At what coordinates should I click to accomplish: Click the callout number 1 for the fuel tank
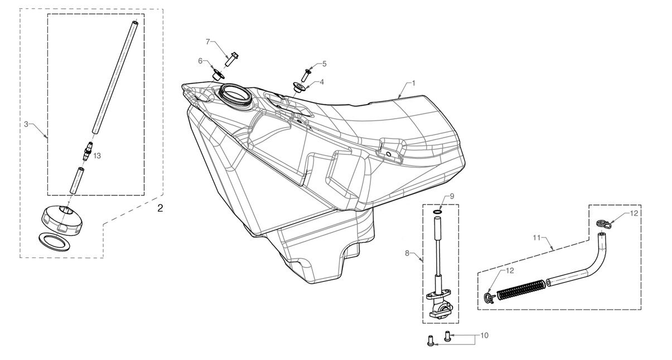click(x=414, y=83)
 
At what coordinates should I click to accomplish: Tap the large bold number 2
click(x=160, y=208)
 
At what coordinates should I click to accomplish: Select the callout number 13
click(x=97, y=156)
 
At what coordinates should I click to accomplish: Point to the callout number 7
click(x=208, y=42)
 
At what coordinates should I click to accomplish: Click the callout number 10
click(x=485, y=335)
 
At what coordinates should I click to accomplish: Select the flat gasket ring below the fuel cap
click(x=54, y=242)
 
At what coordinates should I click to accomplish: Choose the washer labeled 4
click(x=299, y=87)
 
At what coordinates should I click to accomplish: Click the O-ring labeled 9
click(x=437, y=212)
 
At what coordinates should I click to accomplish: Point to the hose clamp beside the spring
click(x=490, y=298)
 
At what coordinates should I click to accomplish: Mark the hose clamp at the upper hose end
click(x=603, y=224)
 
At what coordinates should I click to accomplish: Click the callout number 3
click(x=26, y=124)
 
